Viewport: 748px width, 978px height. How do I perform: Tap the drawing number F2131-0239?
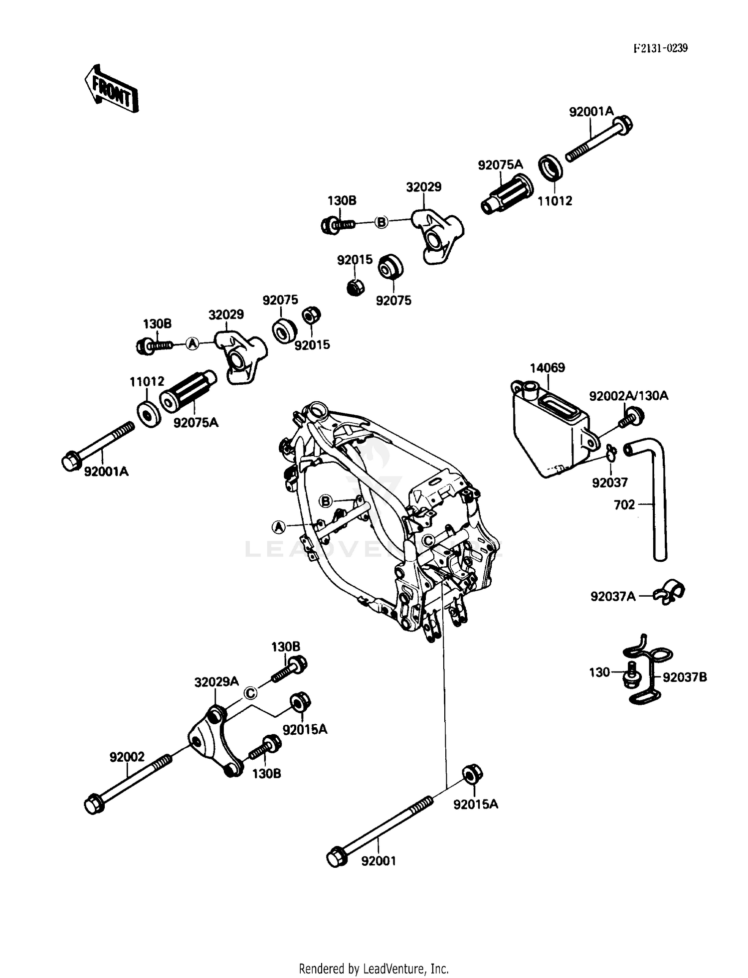pos(660,48)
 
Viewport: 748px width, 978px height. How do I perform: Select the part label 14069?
pos(547,368)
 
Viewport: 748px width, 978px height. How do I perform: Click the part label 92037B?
pos(684,677)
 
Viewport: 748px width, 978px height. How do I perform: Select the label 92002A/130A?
pos(628,396)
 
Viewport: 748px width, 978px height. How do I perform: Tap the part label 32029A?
pos(216,682)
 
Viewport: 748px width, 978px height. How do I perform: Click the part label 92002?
pos(127,757)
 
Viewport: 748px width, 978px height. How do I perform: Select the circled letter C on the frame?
pos(428,540)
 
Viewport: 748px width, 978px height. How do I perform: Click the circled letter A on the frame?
pos(279,526)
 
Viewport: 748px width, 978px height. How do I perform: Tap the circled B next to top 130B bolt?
pos(381,222)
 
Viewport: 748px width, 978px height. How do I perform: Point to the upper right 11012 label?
pos(555,201)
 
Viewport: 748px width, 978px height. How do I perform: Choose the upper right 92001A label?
pos(591,112)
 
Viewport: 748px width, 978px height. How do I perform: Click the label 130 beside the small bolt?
pos(599,672)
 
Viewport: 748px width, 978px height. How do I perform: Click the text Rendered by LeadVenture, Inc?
pos(374,969)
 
